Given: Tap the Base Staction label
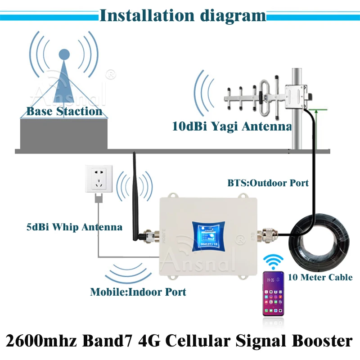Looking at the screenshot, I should [x=64, y=111].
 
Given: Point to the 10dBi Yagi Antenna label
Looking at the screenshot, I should [x=232, y=126].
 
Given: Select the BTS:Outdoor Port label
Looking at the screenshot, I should [x=268, y=183].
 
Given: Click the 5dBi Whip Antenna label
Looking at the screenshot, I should [x=74, y=227].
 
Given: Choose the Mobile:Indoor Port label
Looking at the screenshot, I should [x=138, y=292].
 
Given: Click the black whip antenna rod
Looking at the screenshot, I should [x=135, y=193].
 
